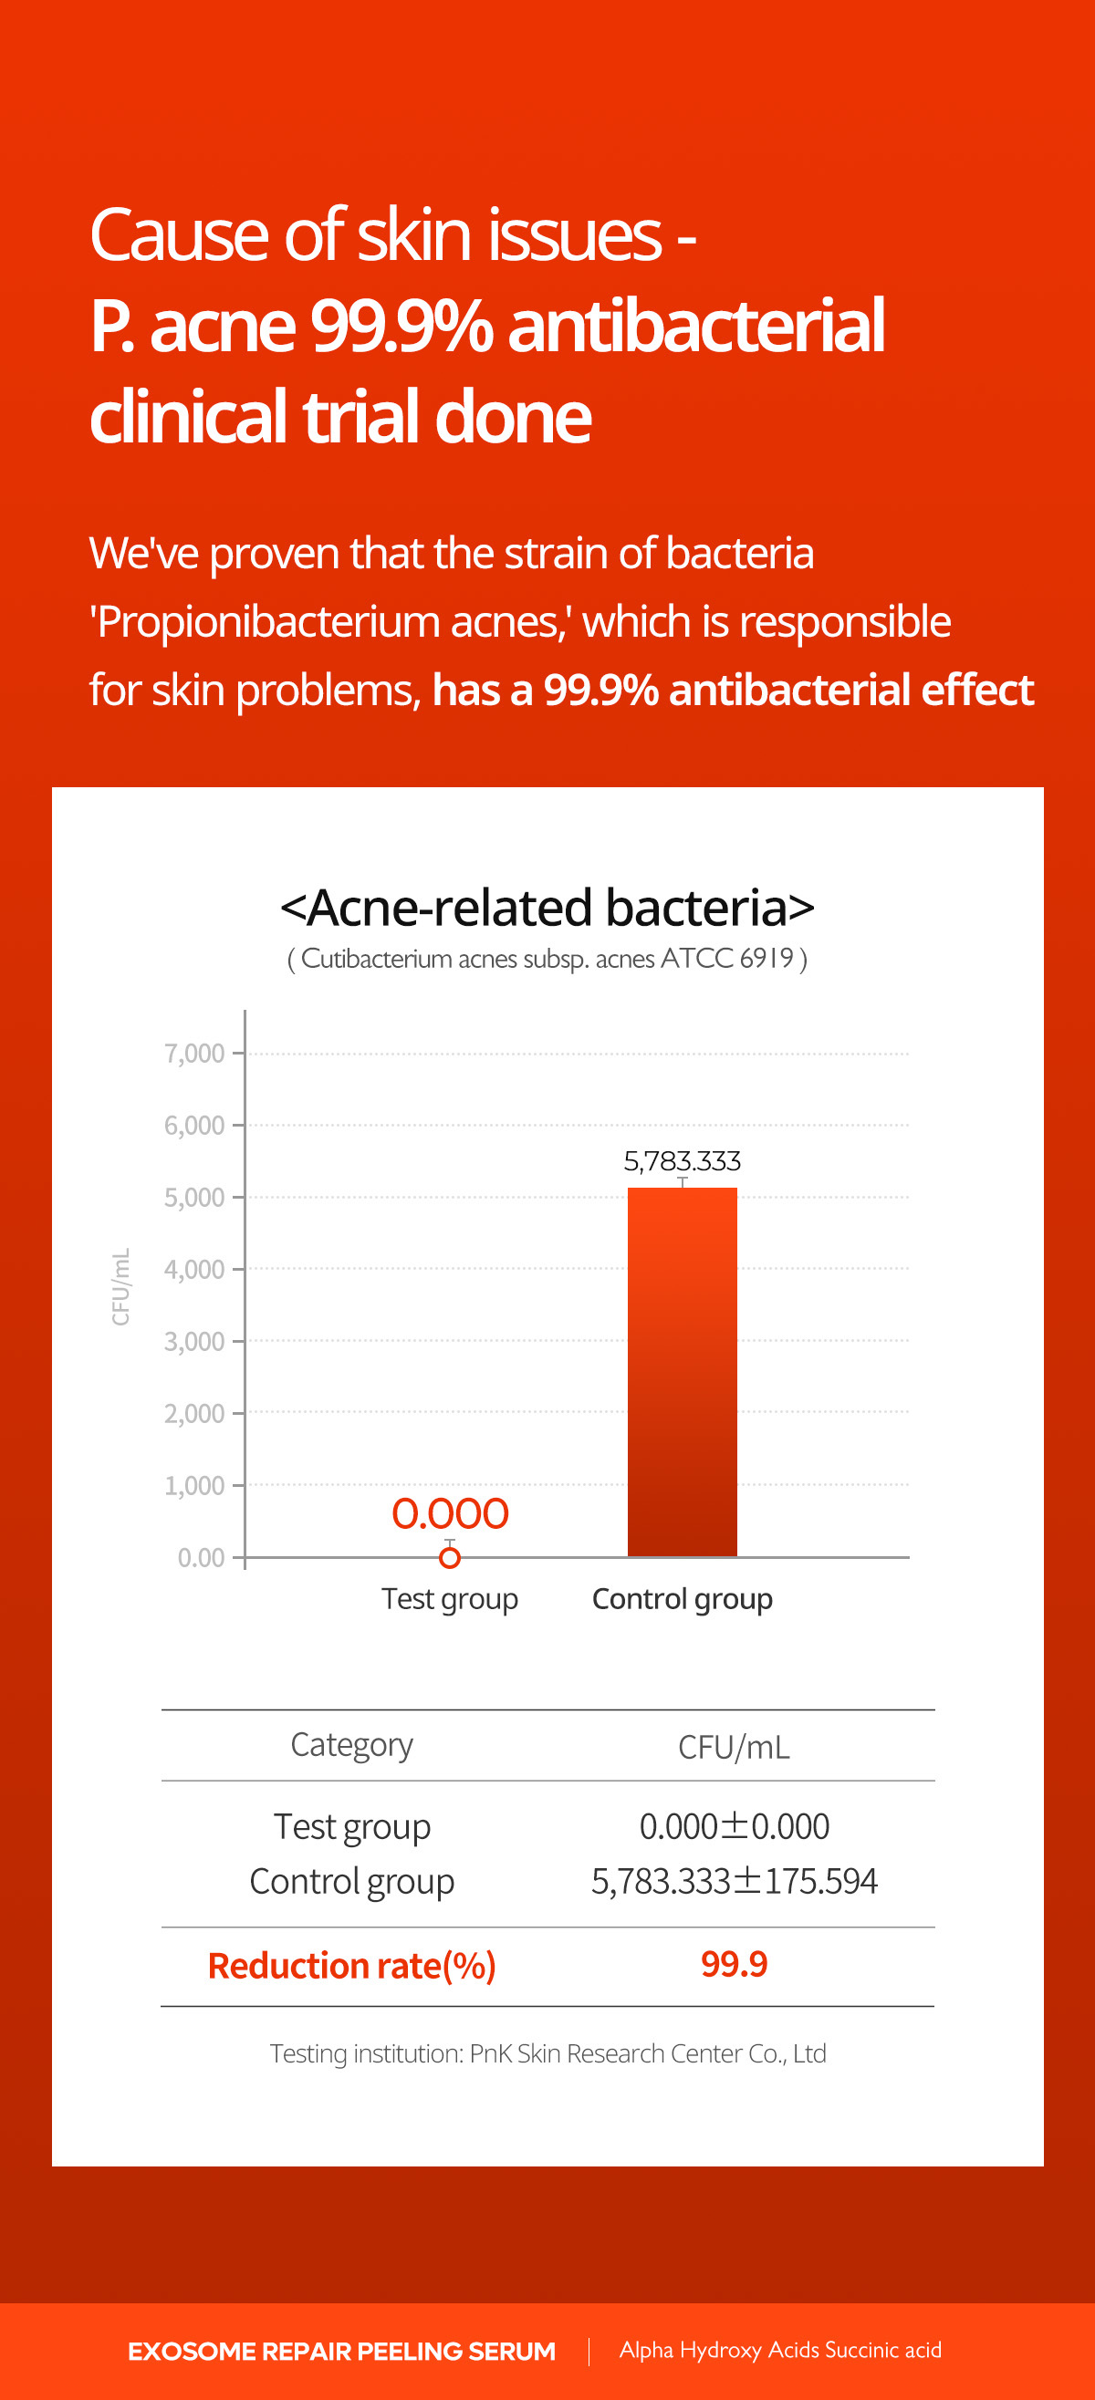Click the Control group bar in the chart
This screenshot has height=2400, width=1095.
point(683,1371)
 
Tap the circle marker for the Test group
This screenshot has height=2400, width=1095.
point(450,1557)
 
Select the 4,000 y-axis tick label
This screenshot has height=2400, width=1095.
point(193,1269)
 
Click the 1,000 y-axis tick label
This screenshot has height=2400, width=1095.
point(193,1485)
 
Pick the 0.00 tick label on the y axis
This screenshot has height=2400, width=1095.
point(201,1557)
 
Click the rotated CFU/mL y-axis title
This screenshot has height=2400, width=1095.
point(120,1285)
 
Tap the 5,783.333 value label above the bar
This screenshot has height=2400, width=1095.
point(683,1161)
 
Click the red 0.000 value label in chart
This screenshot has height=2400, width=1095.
point(450,1513)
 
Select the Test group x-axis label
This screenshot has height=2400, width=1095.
point(450,1600)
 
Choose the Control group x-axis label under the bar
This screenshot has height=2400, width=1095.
point(683,1600)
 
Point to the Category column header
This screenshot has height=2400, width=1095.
point(351,1745)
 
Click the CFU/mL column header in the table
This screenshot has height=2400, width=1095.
point(735,1747)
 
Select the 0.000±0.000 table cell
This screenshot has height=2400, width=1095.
point(735,1826)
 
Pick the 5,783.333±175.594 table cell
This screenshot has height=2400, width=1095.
point(735,1881)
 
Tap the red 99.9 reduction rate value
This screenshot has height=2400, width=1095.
point(735,1964)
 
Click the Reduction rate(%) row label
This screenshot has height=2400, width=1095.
point(351,1966)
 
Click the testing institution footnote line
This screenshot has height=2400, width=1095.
point(548,2053)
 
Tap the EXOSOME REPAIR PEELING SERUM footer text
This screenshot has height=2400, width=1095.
point(342,2352)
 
